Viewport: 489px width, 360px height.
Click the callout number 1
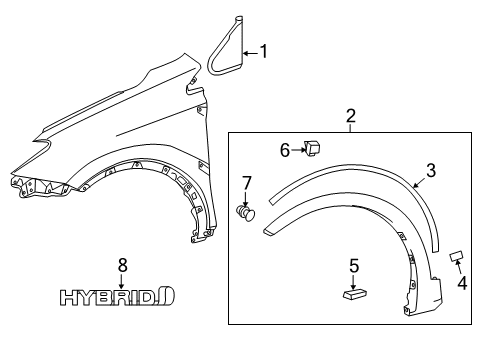pyautogui.click(x=264, y=51)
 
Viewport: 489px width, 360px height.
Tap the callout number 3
pyautogui.click(x=430, y=170)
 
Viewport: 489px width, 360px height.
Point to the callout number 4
pyautogui.click(x=462, y=281)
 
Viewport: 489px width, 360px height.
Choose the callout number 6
pyautogui.click(x=285, y=150)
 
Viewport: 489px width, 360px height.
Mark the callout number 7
pyautogui.click(x=246, y=184)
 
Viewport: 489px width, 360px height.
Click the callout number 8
pyautogui.click(x=123, y=264)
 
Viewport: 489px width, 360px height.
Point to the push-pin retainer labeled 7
pyautogui.click(x=246, y=213)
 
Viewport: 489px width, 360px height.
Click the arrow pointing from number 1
pyautogui.click(x=250, y=51)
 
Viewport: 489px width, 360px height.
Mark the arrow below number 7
pyautogui.click(x=246, y=198)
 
